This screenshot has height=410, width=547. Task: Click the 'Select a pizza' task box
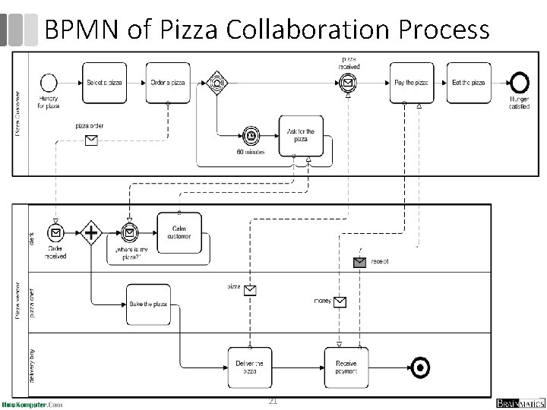coord(104,83)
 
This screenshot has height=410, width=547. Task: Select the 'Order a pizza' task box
coord(167,83)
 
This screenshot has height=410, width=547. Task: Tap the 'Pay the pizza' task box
coord(412,83)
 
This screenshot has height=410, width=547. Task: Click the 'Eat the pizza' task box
coord(468,83)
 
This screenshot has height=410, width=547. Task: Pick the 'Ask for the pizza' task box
coord(301,136)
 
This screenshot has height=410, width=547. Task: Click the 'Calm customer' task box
coord(179,232)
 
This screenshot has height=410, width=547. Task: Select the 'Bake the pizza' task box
coord(148,304)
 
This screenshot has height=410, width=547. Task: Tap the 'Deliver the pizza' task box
coord(249,368)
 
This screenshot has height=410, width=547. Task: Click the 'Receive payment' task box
coord(346,368)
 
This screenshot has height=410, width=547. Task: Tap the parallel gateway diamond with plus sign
coord(91,232)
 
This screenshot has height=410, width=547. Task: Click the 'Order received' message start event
coord(55,232)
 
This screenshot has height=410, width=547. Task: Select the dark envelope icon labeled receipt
coord(359,262)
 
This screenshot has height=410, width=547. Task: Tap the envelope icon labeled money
coord(340,301)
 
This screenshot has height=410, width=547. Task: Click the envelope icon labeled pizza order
coord(90,140)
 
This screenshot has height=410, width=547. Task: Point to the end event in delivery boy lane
coord(419,368)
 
